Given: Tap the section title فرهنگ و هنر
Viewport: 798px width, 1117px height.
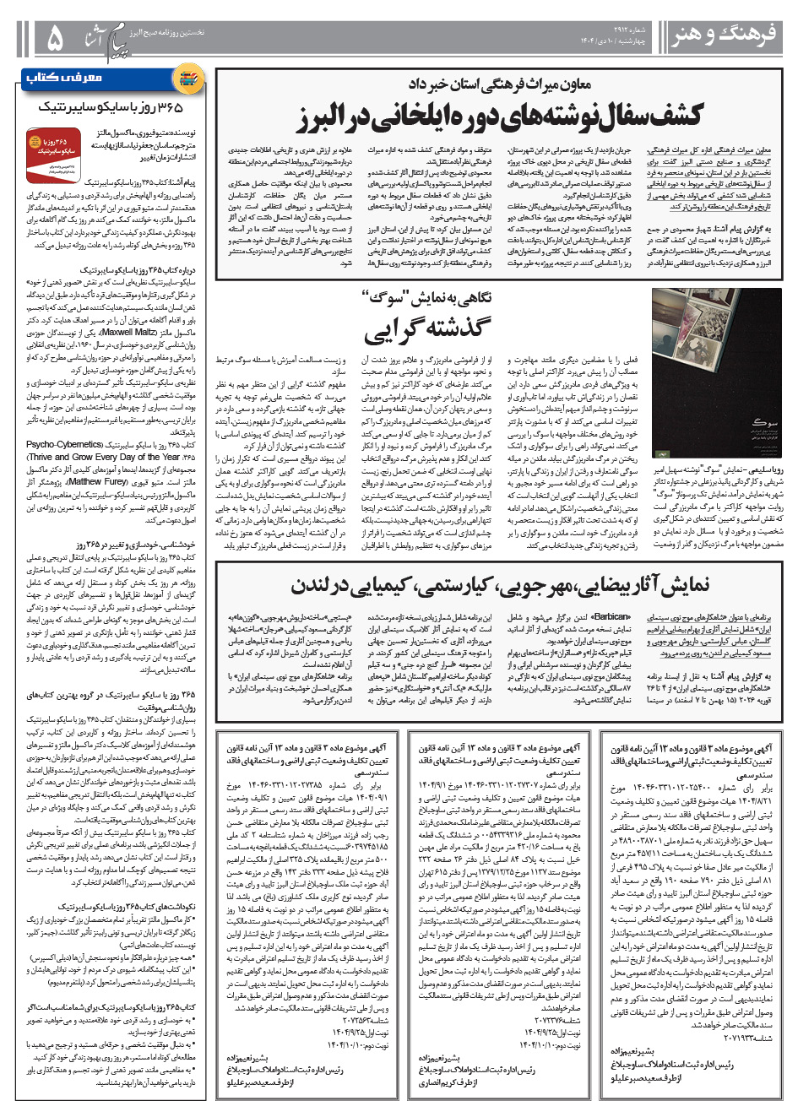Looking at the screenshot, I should point(724,35).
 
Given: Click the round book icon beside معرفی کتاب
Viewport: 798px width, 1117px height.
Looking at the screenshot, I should point(187,79).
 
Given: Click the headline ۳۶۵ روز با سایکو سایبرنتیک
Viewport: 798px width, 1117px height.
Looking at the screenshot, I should point(111,107).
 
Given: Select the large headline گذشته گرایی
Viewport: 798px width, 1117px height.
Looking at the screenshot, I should point(427,330).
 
